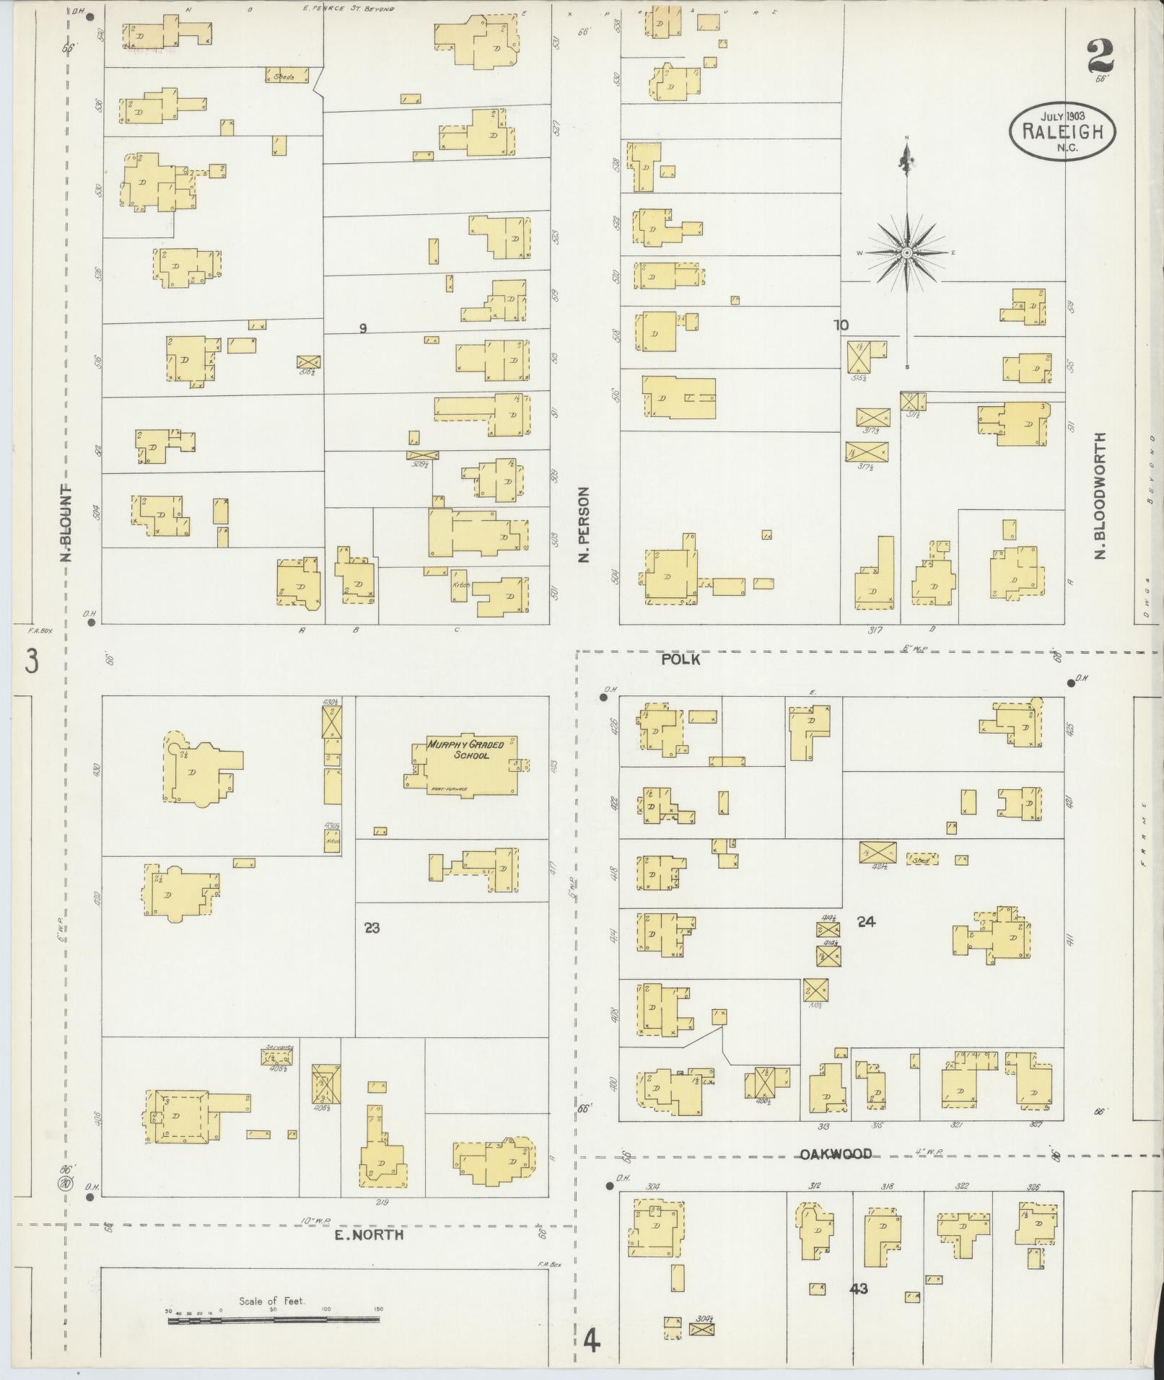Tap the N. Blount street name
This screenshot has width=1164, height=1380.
(66, 522)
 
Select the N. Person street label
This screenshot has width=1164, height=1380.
(585, 524)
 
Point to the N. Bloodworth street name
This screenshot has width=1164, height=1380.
(1100, 496)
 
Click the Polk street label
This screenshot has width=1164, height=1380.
(681, 659)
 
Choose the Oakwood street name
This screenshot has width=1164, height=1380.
(836, 1154)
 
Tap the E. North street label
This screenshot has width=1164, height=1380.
(369, 1235)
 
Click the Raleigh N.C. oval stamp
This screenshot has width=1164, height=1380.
(1062, 131)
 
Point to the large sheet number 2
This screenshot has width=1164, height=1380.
(1099, 56)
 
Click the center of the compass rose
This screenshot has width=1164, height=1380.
(906, 252)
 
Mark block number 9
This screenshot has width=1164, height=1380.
(363, 329)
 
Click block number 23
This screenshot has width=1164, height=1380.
(372, 928)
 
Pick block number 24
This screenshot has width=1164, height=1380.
(866, 921)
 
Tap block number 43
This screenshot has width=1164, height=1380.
(859, 1288)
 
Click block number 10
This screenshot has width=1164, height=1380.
(841, 325)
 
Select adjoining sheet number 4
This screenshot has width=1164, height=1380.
(592, 1341)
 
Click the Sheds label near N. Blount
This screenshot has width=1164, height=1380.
(286, 76)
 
